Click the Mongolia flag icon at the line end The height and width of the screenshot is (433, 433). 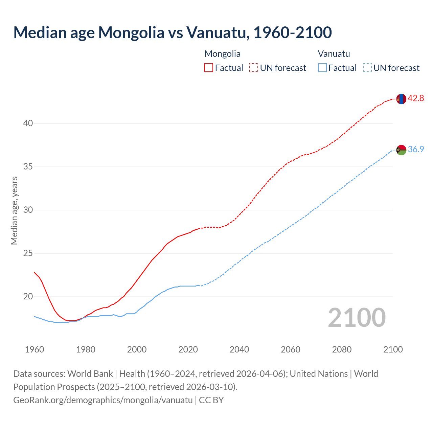click(x=401, y=99)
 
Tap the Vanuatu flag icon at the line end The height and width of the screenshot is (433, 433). click(x=401, y=150)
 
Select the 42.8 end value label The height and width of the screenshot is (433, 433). click(x=416, y=98)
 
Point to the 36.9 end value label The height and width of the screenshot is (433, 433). click(x=416, y=149)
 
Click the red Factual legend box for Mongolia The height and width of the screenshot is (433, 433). click(x=209, y=68)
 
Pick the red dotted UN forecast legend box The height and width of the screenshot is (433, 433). click(x=254, y=68)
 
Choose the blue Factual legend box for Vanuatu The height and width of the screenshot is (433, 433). click(x=322, y=68)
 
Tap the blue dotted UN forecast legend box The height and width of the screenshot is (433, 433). click(x=367, y=68)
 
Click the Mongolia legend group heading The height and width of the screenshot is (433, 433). click(x=222, y=54)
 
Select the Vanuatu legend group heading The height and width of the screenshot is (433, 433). click(x=334, y=54)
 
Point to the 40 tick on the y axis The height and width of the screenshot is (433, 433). click(x=28, y=123)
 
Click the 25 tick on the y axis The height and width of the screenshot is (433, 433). click(x=28, y=253)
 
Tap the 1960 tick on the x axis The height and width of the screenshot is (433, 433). click(x=35, y=349)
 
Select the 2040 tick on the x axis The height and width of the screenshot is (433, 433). click(x=239, y=349)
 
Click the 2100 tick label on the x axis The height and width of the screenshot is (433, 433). click(x=393, y=349)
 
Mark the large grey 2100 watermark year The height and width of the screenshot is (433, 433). click(x=357, y=317)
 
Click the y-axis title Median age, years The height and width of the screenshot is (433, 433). click(x=14, y=210)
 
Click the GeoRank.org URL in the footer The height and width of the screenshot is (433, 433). click(x=103, y=400)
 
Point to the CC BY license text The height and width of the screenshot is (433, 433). click(x=211, y=400)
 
